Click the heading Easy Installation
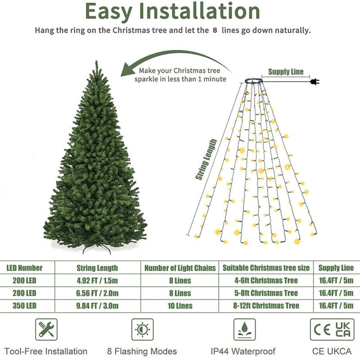172,11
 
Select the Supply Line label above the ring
285,72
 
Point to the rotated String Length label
206,159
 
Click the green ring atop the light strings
255,80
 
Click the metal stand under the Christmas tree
95,248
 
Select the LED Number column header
24,268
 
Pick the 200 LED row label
24,280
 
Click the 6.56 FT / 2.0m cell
97,293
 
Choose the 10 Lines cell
180,305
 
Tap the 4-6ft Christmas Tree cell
267,280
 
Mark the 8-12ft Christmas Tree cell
267,305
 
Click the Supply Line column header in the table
336,268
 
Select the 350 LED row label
24,305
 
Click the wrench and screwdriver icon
46,329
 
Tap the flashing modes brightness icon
142,329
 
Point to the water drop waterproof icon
244,329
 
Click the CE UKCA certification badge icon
331,329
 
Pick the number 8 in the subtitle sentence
215,30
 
